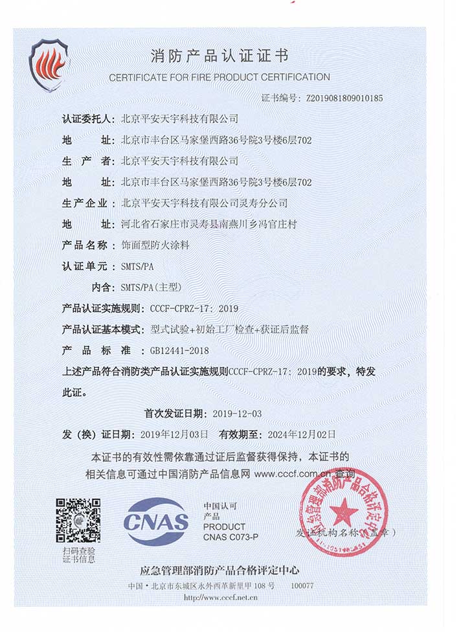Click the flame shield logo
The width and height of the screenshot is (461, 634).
coord(49,65)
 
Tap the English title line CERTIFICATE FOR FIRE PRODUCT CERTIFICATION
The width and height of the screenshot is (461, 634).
coord(219,77)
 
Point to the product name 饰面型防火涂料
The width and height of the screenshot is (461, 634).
coord(153,245)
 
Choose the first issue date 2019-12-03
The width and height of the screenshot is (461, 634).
coord(236,413)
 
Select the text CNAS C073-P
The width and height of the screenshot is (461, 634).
coord(231,537)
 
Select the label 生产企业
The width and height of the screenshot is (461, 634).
coord(85,203)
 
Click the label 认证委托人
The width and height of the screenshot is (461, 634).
coord(87,119)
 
